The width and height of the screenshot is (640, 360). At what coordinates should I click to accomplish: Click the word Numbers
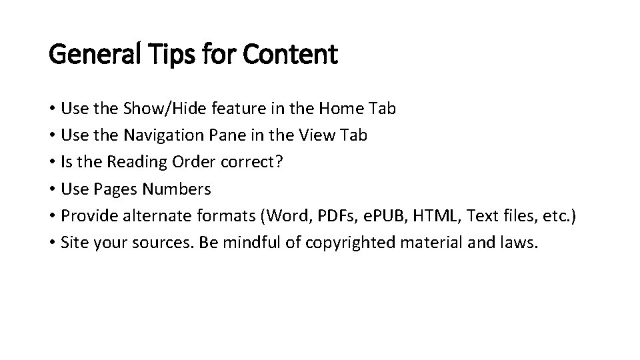tap(177, 189)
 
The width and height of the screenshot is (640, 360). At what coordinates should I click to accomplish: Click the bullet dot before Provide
tap(52, 216)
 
